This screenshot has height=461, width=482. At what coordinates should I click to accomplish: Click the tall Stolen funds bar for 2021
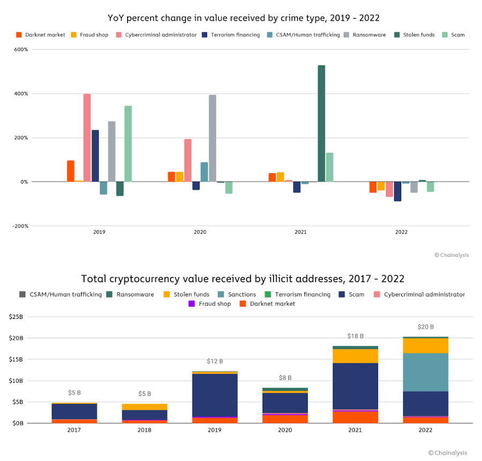point(321,124)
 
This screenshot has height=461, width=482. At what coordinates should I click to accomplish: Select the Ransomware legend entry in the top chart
point(372,35)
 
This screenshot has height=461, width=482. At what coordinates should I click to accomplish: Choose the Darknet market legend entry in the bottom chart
point(271,303)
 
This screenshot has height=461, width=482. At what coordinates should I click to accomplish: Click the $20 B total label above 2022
point(426,327)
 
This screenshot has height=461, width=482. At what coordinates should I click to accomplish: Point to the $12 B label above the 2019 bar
point(214,361)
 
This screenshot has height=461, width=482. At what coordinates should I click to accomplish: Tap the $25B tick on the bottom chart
point(16,317)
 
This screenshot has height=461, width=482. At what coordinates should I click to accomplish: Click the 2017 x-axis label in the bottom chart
point(74,429)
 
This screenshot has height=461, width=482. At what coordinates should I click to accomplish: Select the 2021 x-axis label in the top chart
point(301,233)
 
